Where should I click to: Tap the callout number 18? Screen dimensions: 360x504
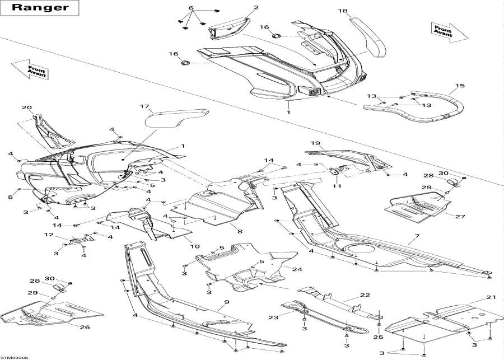[x=343, y=11]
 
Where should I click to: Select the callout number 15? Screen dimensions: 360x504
[x=460, y=86]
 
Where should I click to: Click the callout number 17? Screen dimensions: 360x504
[x=144, y=106]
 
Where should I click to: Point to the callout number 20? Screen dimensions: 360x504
[x=26, y=107]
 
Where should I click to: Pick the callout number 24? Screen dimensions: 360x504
[x=296, y=269]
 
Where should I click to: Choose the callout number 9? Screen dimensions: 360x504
[x=227, y=302]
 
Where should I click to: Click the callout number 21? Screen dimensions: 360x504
[x=491, y=297]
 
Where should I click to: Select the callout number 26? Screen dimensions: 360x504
[x=84, y=327]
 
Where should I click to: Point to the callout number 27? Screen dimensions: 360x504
[x=460, y=216]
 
